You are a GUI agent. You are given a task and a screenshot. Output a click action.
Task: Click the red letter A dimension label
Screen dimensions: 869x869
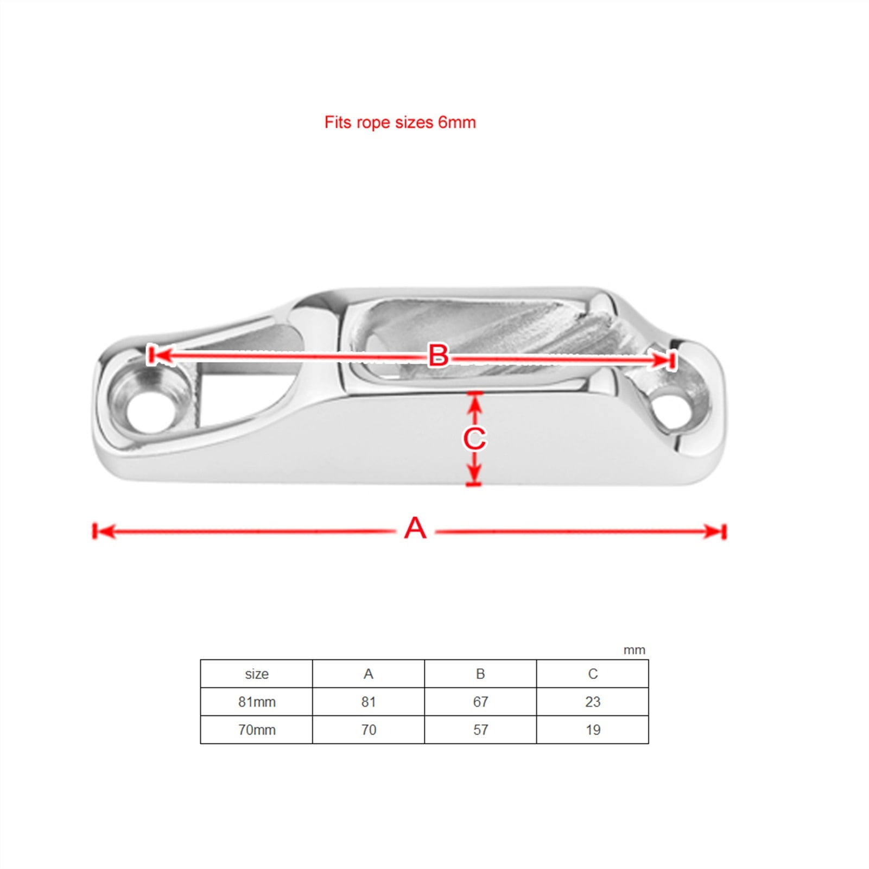click(x=415, y=528)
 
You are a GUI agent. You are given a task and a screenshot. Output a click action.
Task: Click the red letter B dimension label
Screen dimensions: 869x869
click(x=438, y=356)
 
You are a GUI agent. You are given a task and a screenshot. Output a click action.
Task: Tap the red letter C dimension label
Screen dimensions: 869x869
click(x=474, y=439)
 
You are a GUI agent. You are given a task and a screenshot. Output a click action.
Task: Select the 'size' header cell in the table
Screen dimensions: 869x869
click(x=256, y=674)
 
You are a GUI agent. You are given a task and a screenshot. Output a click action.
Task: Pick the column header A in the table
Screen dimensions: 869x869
click(x=369, y=674)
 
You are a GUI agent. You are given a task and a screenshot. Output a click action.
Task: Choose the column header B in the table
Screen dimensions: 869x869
click(x=480, y=674)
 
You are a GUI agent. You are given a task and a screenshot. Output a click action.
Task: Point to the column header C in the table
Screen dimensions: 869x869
click(x=593, y=674)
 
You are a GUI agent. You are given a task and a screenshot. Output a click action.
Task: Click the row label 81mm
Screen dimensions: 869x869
click(x=257, y=702)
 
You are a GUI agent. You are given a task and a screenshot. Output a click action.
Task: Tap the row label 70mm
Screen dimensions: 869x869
click(x=257, y=730)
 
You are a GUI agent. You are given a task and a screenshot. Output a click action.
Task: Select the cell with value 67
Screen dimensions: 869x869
click(x=480, y=702)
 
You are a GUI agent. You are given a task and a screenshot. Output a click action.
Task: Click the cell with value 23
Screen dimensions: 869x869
click(x=593, y=702)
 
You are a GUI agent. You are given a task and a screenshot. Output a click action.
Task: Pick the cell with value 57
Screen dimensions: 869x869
click(x=480, y=730)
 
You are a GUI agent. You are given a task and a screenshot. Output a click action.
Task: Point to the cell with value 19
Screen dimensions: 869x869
click(x=593, y=730)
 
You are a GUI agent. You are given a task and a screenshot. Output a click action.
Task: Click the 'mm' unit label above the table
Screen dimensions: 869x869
click(x=634, y=650)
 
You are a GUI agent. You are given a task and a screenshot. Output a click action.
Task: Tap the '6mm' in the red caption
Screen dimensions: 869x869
click(x=457, y=123)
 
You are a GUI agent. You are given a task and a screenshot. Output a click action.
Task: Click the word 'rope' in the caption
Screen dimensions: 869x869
click(x=373, y=123)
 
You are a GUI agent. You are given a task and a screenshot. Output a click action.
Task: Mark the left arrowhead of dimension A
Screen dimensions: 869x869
click(x=103, y=531)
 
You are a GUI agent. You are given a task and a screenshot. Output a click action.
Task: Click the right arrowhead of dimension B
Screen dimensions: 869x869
click(x=663, y=360)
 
